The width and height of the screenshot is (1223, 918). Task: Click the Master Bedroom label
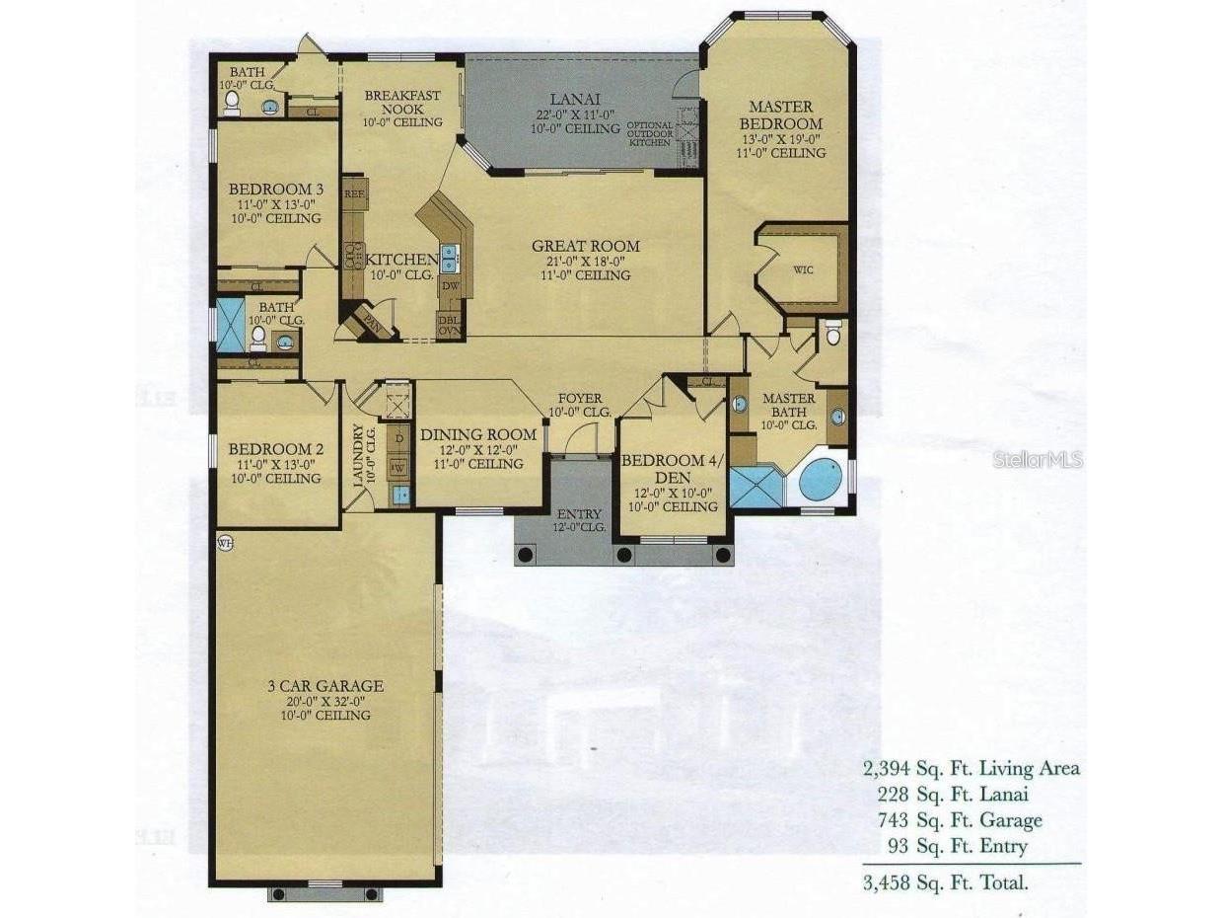780,115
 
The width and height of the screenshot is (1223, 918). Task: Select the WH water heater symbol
225,544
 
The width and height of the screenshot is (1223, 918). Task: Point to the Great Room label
585,247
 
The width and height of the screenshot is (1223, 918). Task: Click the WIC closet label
803,270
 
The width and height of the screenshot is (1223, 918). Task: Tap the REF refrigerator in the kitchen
354,194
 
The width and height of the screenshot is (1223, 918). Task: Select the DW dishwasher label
450,286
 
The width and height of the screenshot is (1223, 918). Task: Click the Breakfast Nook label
401,102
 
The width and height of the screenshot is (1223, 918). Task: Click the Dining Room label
478,434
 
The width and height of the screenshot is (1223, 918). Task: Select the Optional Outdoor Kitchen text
650,134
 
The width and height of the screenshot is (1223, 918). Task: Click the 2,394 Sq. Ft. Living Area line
971,768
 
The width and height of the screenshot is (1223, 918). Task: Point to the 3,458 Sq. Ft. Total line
945,882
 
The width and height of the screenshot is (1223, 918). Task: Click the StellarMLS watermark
1038,460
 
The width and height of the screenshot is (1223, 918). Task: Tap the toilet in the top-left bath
232,100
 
